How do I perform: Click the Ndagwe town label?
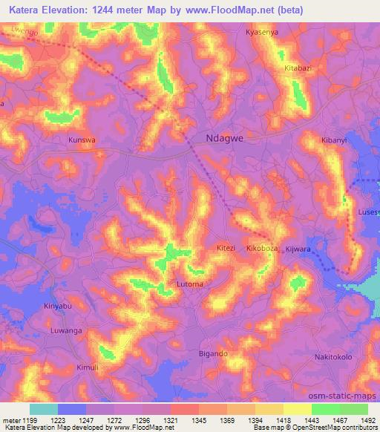223,137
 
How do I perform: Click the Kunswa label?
82,139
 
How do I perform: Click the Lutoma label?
189,284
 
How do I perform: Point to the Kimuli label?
87,367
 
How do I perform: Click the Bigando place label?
213,354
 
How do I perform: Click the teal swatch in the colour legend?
43,409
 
